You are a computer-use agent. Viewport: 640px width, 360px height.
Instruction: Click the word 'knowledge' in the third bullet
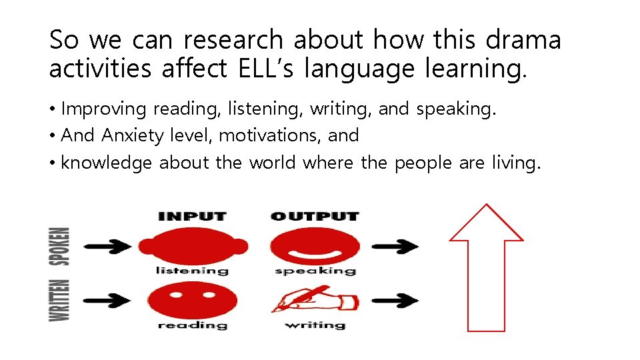pos(107,163)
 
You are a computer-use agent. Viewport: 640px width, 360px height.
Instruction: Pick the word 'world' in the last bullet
pos(273,163)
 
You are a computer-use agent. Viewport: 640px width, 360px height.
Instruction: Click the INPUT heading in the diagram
pos(192,216)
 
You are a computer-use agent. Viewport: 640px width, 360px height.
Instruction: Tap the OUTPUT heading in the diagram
pos(315,216)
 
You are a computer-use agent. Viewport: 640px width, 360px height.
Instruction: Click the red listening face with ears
pos(193,246)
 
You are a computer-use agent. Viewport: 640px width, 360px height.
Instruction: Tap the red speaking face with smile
pos(315,246)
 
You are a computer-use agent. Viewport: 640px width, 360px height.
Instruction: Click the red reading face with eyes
pos(193,300)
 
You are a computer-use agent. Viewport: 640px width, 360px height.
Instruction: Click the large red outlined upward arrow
pos(486,267)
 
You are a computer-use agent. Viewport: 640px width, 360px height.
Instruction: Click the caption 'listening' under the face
pos(192,271)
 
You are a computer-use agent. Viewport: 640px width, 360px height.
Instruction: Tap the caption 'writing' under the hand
pos(315,325)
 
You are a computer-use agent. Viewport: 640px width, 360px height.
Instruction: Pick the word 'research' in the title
pos(234,40)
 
